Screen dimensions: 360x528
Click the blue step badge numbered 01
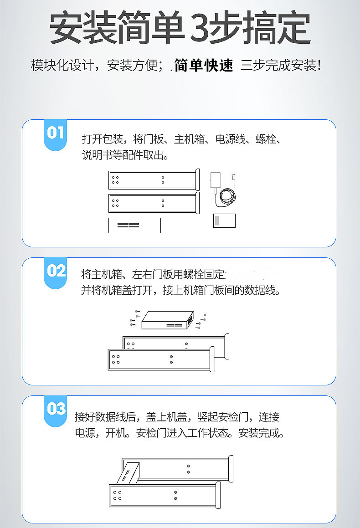56,135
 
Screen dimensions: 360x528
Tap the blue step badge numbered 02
56,273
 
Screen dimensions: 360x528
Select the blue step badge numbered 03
56,411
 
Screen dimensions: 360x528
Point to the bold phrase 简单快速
203,65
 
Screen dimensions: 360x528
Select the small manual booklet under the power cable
224,220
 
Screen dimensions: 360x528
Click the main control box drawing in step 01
134,225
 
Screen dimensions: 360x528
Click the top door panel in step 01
154,180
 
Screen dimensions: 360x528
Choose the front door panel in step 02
161,359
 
